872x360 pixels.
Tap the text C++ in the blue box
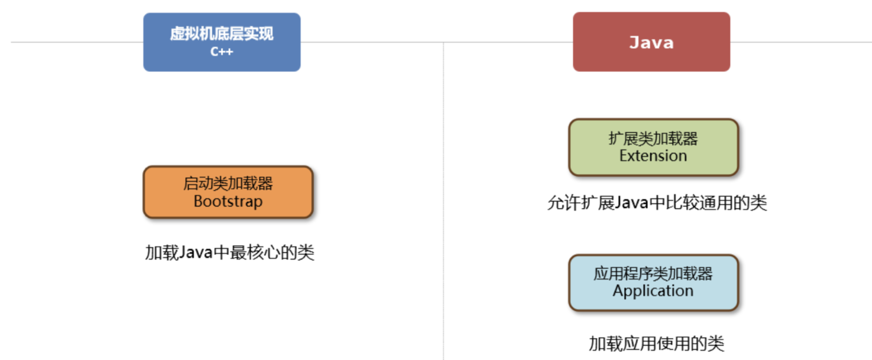pyautogui.click(x=222, y=52)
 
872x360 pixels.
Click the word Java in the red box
pyautogui.click(x=651, y=43)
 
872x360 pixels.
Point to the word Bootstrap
pyautogui.click(x=228, y=201)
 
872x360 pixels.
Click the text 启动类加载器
pyautogui.click(x=228, y=184)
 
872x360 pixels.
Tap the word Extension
pyautogui.click(x=653, y=156)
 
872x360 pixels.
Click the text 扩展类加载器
pyautogui.click(x=653, y=138)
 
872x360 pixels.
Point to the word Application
pyautogui.click(x=653, y=291)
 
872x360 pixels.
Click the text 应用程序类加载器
pyautogui.click(x=653, y=274)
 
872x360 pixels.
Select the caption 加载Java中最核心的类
pyautogui.click(x=229, y=252)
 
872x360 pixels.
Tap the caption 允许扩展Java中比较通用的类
pyautogui.click(x=657, y=203)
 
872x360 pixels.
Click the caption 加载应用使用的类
pyautogui.click(x=656, y=344)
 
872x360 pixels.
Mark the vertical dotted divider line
pyautogui.click(x=444, y=202)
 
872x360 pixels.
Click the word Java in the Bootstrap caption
pyautogui.click(x=196, y=252)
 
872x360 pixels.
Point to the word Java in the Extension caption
pyautogui.click(x=631, y=203)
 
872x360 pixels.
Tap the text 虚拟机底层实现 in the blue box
pyautogui.click(x=222, y=34)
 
